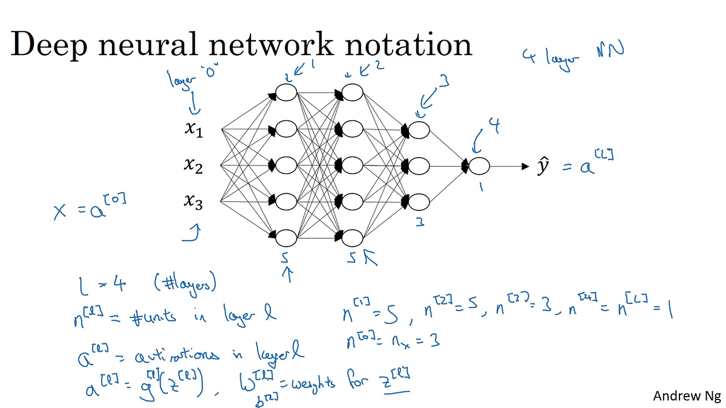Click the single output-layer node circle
coord(479,166)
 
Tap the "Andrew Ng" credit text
coord(687,396)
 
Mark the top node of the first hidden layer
coord(285,92)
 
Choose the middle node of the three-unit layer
coord(418,166)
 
